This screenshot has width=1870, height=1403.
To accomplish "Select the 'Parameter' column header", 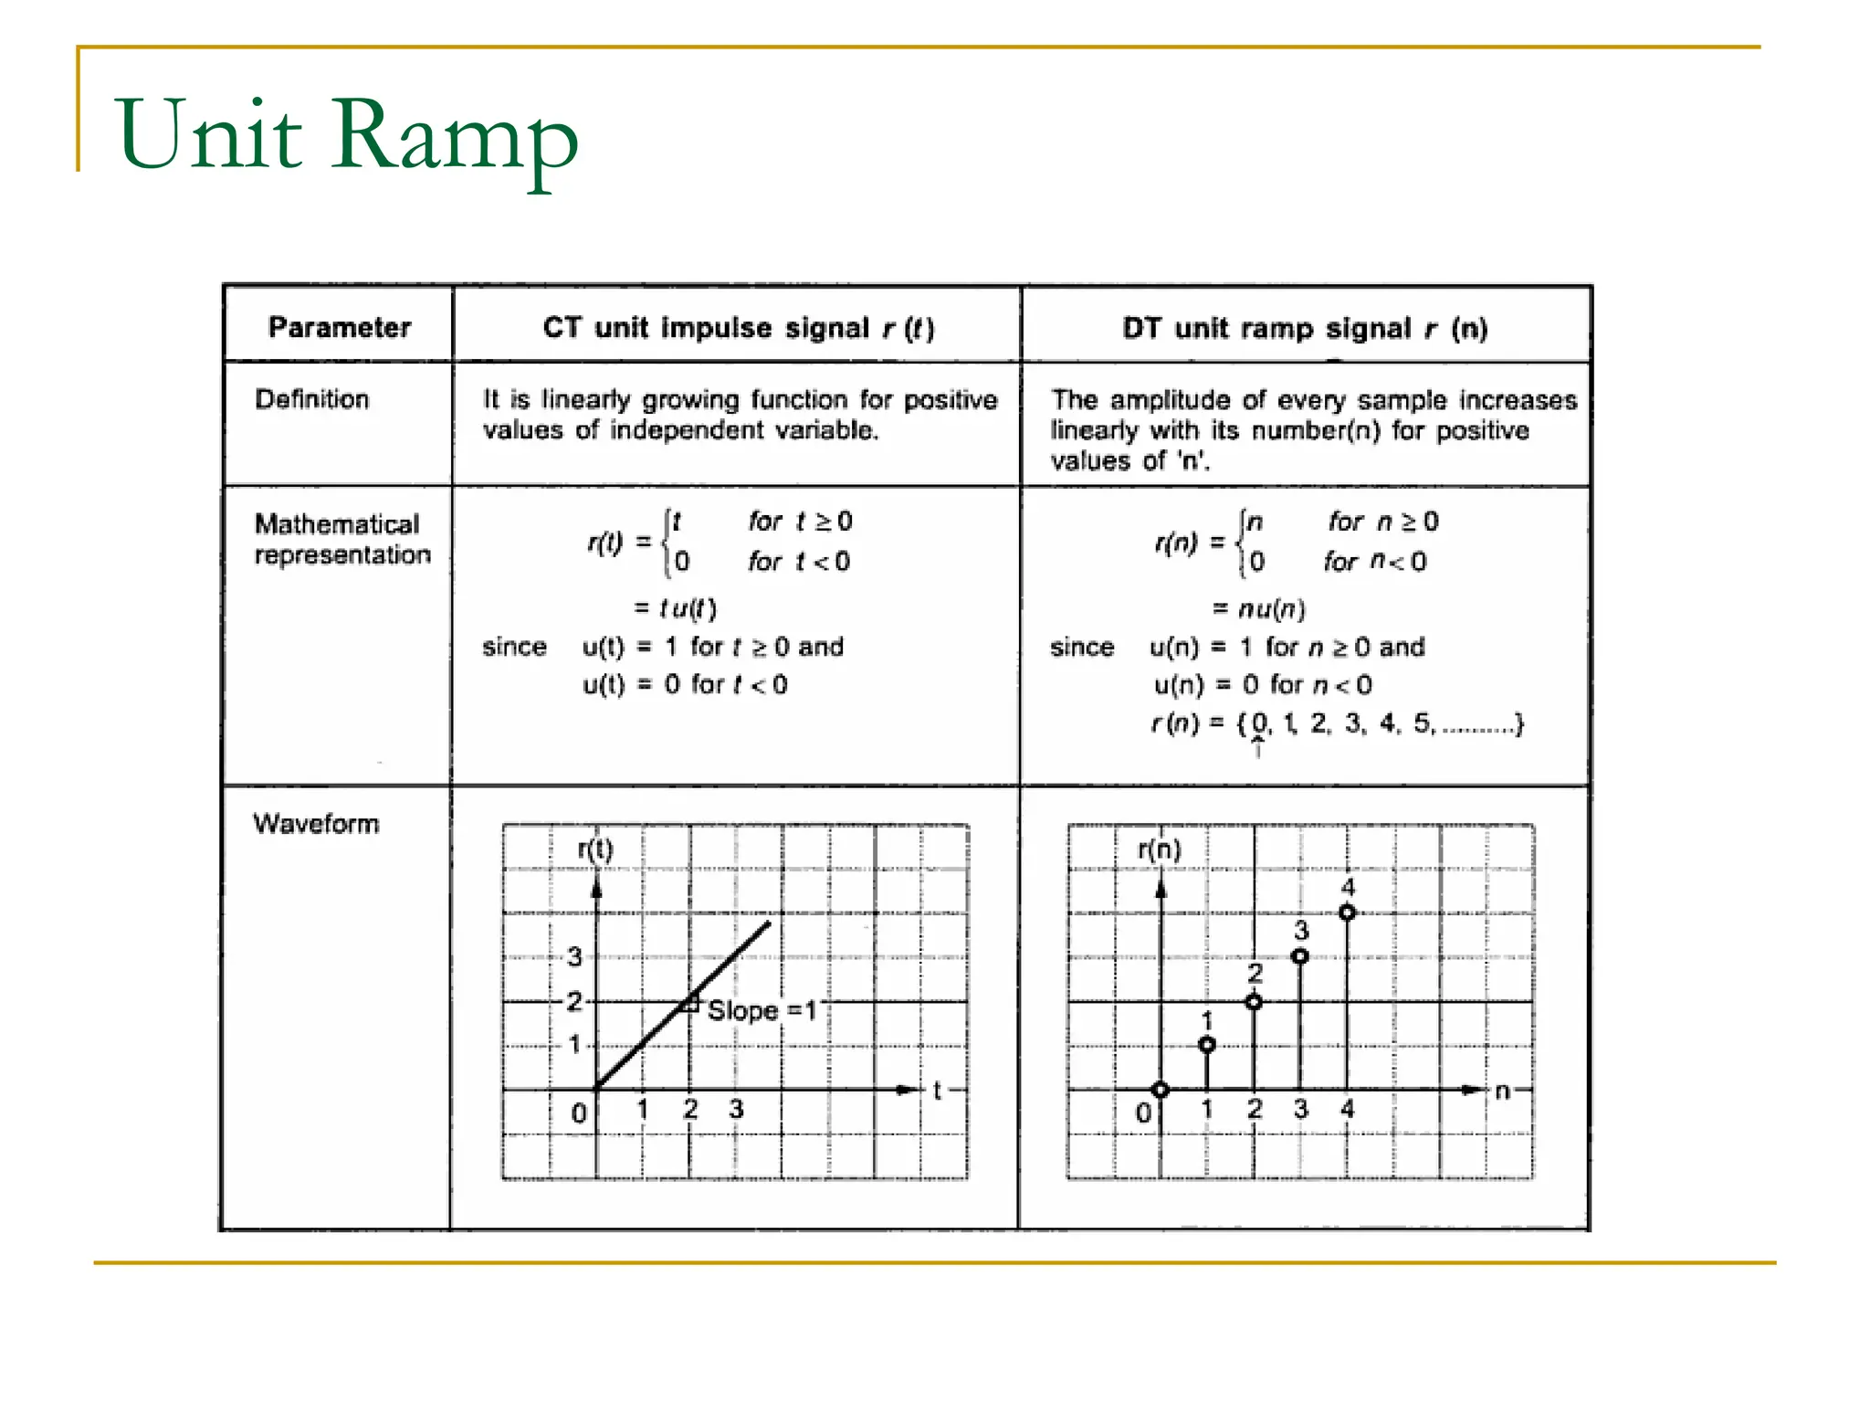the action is pyautogui.click(x=340, y=327).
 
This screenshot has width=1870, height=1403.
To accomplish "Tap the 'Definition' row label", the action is pyautogui.click(x=312, y=399).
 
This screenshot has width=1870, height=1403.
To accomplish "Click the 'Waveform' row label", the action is pyautogui.click(x=316, y=824).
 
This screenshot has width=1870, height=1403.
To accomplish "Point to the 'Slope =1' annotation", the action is pyautogui.click(x=762, y=1010).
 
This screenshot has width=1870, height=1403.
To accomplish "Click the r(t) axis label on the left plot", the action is pyautogui.click(x=595, y=849).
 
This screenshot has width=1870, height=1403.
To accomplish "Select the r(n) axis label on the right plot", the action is pyautogui.click(x=1160, y=849).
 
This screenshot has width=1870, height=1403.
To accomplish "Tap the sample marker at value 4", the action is pyautogui.click(x=1348, y=912).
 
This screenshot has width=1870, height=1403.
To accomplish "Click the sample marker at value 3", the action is pyautogui.click(x=1300, y=956).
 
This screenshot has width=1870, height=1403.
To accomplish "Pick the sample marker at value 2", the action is pyautogui.click(x=1255, y=1002).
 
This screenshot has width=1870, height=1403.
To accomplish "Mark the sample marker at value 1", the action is pyautogui.click(x=1207, y=1045).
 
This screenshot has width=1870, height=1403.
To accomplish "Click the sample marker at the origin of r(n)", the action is pyautogui.click(x=1161, y=1090).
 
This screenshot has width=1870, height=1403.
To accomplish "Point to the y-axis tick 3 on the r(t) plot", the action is pyautogui.click(x=574, y=956).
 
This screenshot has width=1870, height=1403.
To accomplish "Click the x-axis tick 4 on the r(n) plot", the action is pyautogui.click(x=1348, y=1109).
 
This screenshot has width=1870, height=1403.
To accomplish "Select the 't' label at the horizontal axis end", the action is pyautogui.click(x=937, y=1090).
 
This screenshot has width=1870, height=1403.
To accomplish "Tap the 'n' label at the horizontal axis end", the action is pyautogui.click(x=1503, y=1090).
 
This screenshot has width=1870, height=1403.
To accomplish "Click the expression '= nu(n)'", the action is pyautogui.click(x=1259, y=608).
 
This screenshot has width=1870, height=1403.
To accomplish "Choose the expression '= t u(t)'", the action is pyautogui.click(x=676, y=608).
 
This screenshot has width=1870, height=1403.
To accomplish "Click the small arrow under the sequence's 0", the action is pyautogui.click(x=1258, y=748).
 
